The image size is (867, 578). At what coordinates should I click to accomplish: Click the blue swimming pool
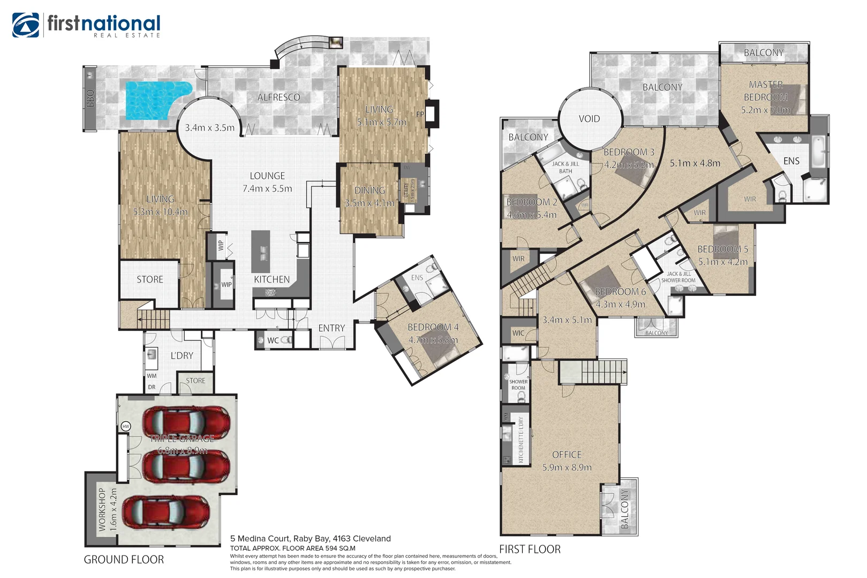click(153, 100)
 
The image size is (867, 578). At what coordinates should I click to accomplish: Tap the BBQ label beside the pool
click(90, 98)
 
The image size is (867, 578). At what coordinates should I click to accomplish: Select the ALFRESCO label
click(278, 97)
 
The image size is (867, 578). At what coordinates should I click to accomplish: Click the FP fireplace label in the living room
click(420, 114)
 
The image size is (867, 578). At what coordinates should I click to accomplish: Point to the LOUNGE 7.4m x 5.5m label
click(267, 182)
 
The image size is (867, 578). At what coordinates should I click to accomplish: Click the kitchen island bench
click(261, 252)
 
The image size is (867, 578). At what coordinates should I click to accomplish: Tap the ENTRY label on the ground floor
click(331, 328)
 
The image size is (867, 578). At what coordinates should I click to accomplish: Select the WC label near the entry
click(273, 340)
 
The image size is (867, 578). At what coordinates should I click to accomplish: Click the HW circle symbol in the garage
click(126, 427)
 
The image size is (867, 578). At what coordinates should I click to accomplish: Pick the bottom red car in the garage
click(165, 512)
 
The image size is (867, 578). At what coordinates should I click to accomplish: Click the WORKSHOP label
click(102, 509)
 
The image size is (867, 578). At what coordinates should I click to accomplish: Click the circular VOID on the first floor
click(590, 119)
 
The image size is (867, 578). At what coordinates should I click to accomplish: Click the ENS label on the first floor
click(791, 161)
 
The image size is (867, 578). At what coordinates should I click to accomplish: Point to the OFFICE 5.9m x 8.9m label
click(567, 461)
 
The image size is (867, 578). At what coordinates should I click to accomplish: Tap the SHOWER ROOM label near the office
click(518, 385)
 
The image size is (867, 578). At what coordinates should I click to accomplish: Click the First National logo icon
click(26, 25)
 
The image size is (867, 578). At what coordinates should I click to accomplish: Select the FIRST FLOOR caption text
click(530, 549)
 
